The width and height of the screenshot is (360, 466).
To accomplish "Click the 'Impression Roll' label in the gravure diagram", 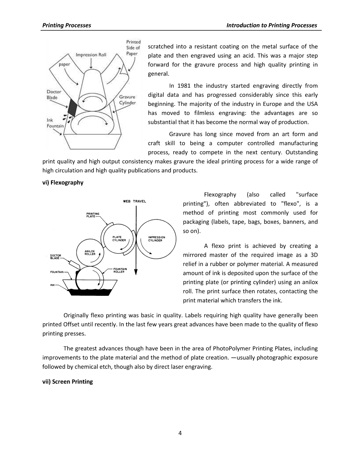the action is click(91, 55).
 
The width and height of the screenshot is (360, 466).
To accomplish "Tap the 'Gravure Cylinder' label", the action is click(128, 100).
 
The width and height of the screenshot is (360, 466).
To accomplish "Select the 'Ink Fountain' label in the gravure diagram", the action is click(55, 123).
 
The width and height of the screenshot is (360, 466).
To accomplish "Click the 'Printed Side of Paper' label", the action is click(133, 47).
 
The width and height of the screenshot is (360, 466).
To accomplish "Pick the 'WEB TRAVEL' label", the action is click(134, 201).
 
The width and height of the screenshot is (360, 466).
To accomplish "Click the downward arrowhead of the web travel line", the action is click(136, 272).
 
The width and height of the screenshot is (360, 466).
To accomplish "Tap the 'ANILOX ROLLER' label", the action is click(90, 253).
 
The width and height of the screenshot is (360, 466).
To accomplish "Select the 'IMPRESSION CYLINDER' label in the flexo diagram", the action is click(157, 239).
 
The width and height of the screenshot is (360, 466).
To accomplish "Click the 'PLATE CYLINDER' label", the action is click(119, 239).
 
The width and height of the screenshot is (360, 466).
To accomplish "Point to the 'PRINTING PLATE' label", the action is click(93, 215).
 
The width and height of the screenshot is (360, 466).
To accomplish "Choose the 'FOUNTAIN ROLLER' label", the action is click(120, 270).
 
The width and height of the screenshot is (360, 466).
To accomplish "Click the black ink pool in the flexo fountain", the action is click(90, 292).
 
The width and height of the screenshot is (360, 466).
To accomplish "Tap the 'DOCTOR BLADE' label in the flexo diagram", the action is click(56, 257).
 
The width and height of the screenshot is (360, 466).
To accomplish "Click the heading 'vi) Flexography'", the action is click(63, 183).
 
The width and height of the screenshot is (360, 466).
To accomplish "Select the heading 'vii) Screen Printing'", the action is click(67, 382).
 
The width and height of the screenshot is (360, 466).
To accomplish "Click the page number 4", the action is click(180, 433).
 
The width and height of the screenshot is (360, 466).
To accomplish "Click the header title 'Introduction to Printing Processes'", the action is click(272, 25).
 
